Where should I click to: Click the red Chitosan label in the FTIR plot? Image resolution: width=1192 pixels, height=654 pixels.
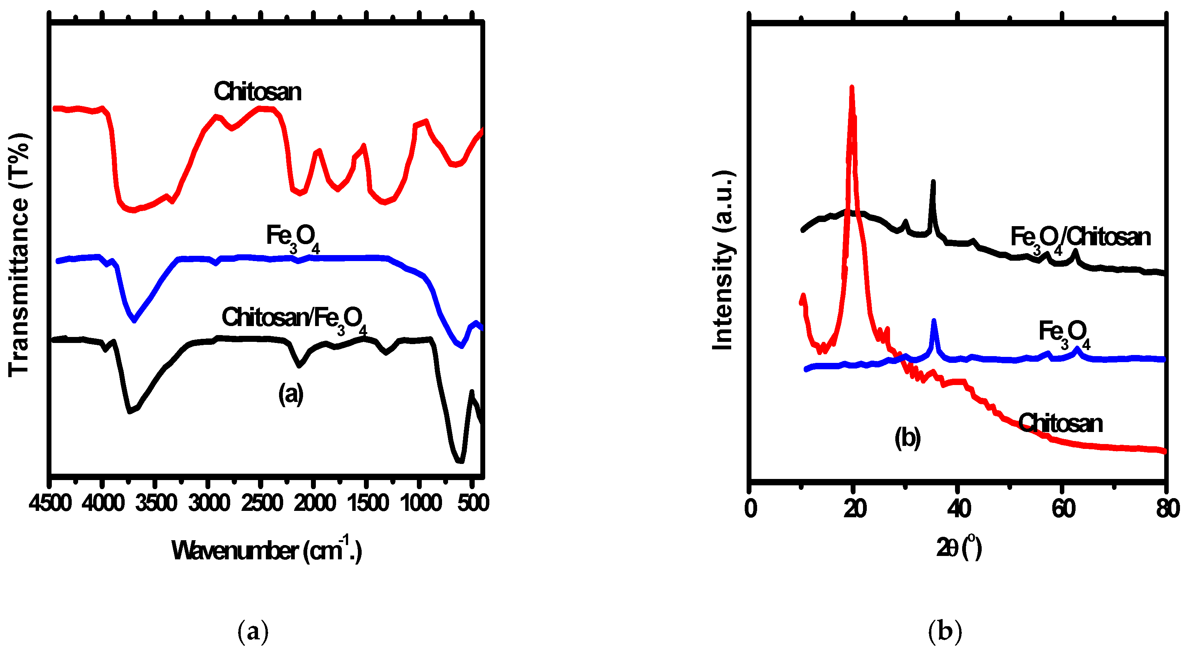click(x=257, y=92)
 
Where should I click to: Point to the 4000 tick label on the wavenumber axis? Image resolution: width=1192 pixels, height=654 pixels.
click(x=102, y=503)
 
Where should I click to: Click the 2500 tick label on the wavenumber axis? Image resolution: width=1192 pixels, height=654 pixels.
click(x=261, y=503)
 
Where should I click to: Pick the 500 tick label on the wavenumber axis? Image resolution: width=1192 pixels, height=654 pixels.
click(x=473, y=503)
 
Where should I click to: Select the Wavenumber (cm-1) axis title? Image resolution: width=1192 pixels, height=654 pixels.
click(x=267, y=551)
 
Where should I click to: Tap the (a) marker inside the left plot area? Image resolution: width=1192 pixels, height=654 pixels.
click(x=291, y=394)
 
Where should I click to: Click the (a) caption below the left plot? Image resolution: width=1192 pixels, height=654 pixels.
click(x=253, y=631)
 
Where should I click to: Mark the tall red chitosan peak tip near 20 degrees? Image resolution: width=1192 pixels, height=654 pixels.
click(x=851, y=88)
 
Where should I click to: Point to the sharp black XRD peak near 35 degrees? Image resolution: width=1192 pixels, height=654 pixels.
click(x=933, y=182)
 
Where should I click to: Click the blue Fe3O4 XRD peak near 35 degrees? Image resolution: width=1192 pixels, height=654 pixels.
click(x=933, y=321)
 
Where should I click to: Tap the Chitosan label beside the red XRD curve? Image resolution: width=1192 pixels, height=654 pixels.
click(x=1061, y=423)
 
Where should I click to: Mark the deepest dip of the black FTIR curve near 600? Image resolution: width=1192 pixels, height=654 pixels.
click(x=460, y=461)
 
